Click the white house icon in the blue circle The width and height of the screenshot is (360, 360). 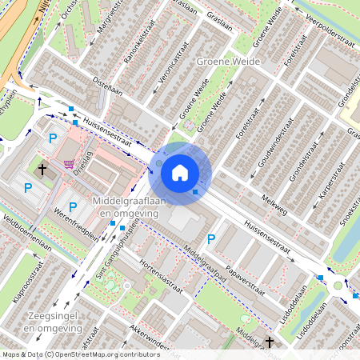pyautogui.click(x=180, y=172)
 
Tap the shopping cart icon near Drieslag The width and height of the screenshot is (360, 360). pyautogui.click(x=69, y=161)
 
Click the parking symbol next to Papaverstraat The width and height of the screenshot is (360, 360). pyautogui.click(x=211, y=238)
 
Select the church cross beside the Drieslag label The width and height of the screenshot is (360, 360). pyautogui.click(x=43, y=170)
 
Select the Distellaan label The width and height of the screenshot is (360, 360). pyautogui.click(x=106, y=85)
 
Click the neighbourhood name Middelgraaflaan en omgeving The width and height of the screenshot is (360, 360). pyautogui.click(x=128, y=206)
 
